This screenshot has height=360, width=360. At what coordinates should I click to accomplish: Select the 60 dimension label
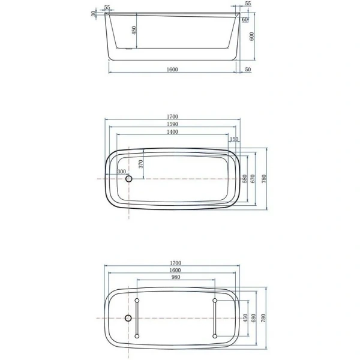click(245, 20)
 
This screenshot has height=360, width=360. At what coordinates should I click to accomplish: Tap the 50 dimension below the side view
click(248, 70)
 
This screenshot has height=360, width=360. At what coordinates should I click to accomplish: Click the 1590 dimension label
click(173, 124)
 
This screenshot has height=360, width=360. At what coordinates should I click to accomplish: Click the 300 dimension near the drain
click(122, 172)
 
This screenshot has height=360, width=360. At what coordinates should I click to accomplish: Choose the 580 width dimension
click(245, 179)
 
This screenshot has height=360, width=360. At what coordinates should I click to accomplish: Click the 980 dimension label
click(175, 277)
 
